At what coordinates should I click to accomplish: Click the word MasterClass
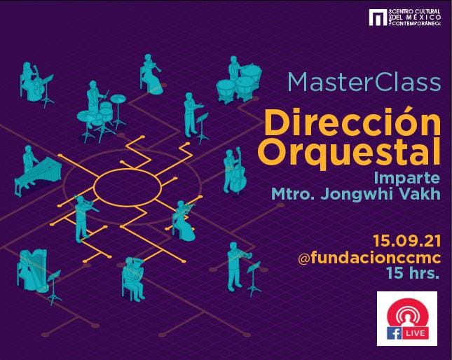(364, 83)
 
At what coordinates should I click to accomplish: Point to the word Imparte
(407, 179)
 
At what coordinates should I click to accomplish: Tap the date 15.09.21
(406, 241)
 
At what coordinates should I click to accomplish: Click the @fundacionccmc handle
(369, 257)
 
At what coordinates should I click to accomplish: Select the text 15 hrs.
(413, 273)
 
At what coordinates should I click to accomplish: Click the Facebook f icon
(394, 333)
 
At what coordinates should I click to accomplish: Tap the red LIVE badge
(415, 333)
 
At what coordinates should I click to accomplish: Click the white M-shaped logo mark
(378, 18)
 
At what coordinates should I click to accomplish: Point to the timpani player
(234, 69)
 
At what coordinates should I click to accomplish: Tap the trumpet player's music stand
(254, 279)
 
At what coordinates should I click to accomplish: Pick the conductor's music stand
(203, 128)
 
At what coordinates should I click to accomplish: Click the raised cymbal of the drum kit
(118, 99)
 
